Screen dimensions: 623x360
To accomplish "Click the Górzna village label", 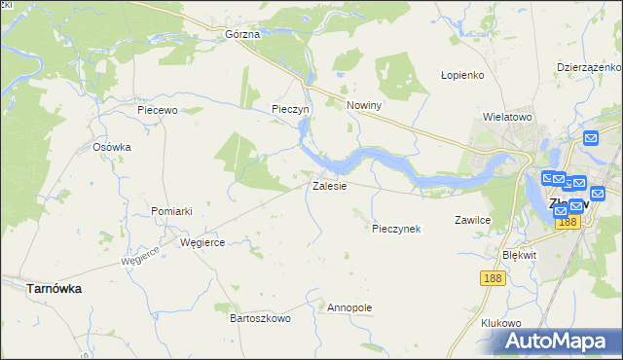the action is [242, 34].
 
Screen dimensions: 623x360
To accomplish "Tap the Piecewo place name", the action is [158, 110].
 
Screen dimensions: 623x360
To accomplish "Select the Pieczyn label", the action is [290, 110].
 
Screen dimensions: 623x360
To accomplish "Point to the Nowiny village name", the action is [363, 105].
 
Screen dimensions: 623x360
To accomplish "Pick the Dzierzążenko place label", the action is [589, 67].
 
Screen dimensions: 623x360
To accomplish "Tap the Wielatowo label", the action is [507, 117].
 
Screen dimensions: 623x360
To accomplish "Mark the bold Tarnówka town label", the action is [54, 289].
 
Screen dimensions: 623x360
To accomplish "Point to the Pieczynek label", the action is [396, 229].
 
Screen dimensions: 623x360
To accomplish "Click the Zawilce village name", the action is [472, 220].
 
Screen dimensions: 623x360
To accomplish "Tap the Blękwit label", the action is [519, 254].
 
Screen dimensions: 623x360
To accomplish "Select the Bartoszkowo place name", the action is [260, 318].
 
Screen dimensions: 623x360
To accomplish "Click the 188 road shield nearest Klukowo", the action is [493, 278].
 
